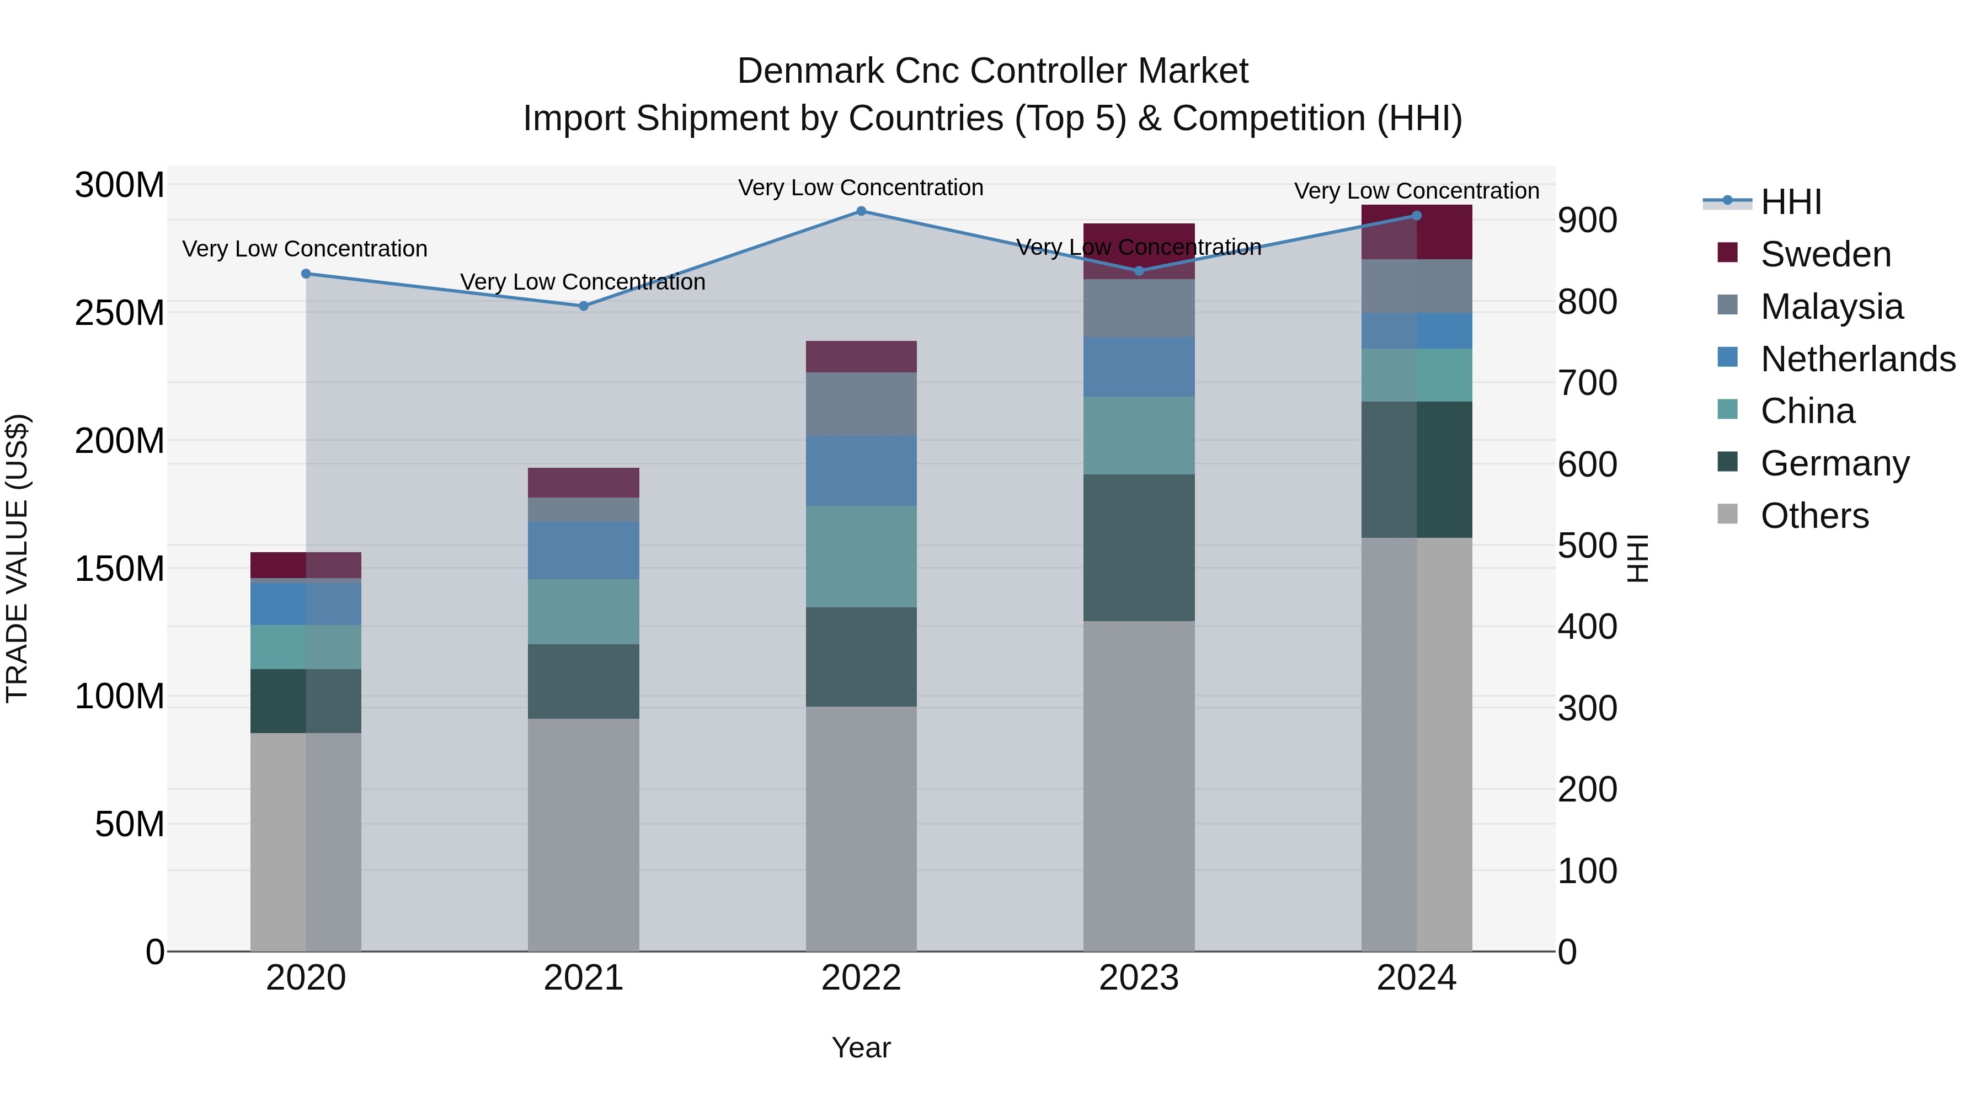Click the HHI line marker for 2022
861,211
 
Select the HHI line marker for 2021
584,306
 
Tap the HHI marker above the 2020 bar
306,274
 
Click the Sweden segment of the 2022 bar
861,357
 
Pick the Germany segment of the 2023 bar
1139,547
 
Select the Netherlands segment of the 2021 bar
584,549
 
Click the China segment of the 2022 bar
861,556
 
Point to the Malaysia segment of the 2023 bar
1139,308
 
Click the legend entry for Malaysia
1832,307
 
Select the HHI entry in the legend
1791,202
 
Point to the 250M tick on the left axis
120,313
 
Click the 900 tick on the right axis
1587,221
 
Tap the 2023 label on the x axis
1139,978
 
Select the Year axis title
861,1047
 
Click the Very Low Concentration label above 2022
861,188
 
